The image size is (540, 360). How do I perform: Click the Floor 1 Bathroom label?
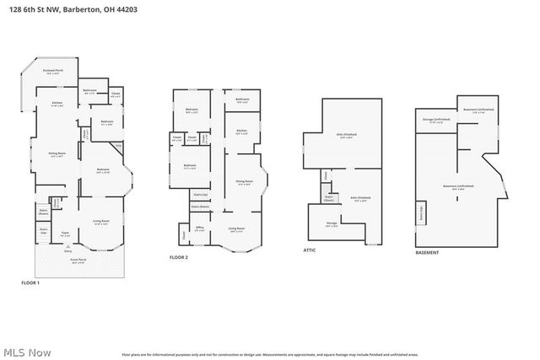(89, 91)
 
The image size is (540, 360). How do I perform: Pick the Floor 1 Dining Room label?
(57, 153)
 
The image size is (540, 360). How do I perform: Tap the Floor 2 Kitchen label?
(241, 132)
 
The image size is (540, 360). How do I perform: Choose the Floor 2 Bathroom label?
(242, 100)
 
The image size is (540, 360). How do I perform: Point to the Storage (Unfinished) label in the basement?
(436, 121)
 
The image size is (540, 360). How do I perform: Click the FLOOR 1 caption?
(30, 282)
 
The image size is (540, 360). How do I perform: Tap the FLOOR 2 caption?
(178, 256)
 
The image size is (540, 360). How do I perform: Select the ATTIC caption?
(310, 250)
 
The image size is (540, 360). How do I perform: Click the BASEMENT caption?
(428, 253)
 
